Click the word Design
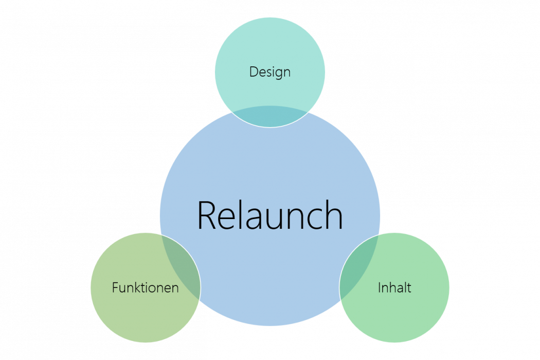click(270, 72)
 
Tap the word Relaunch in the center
click(270, 215)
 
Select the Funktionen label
click(145, 287)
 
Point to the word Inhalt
click(394, 287)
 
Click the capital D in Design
click(254, 72)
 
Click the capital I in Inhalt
click(380, 287)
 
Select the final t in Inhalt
click(409, 287)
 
